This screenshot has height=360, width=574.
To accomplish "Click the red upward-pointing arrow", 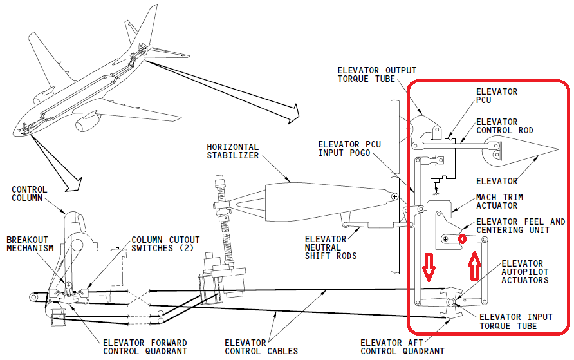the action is click(474, 265).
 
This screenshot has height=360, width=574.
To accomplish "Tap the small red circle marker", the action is click(462, 239).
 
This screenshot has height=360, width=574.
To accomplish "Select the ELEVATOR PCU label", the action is click(497, 96).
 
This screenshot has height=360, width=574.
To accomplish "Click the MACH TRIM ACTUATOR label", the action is click(499, 202).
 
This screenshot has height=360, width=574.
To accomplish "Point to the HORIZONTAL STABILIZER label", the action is click(233, 151).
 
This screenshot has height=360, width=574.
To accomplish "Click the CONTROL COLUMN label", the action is click(30, 194).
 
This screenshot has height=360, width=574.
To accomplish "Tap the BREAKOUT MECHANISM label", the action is click(30, 244).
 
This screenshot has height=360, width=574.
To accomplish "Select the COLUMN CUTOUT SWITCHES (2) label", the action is click(165, 244).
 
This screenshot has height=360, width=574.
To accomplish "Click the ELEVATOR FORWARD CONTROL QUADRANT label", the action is click(145, 347).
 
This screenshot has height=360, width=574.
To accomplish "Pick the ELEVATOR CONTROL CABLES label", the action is click(261, 347).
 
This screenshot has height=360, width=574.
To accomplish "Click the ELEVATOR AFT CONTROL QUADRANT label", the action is click(402, 347).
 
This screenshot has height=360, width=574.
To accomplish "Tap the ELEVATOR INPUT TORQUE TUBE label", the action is click(516, 321).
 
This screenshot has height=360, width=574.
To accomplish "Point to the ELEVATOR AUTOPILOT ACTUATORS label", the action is click(525, 272).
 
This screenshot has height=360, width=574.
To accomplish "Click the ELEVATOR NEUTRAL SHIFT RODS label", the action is click(331, 247).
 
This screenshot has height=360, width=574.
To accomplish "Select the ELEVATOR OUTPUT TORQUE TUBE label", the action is click(376, 74).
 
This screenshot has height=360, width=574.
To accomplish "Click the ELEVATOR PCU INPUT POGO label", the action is click(349, 149).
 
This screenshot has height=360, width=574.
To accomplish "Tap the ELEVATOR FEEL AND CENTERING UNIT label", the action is click(521, 226).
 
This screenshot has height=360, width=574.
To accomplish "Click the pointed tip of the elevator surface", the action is click(559, 149).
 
